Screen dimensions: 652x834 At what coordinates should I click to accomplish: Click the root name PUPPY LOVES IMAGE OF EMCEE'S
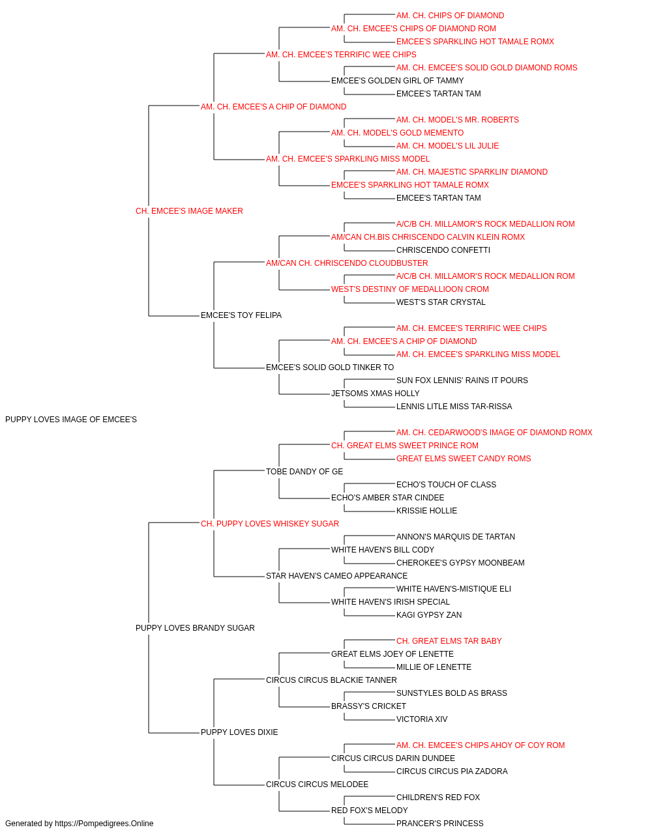[x=71, y=420]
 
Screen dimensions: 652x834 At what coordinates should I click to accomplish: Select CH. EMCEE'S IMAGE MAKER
[x=189, y=210]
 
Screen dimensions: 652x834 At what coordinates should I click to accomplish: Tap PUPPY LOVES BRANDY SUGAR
[x=195, y=628]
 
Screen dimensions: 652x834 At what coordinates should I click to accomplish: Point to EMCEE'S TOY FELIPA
[x=241, y=315]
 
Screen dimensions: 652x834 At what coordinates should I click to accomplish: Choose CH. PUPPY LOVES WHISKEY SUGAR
[x=270, y=523]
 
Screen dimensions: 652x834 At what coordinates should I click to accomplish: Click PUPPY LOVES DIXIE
[x=239, y=732]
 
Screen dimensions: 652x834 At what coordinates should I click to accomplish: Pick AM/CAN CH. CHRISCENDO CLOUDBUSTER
[x=347, y=263]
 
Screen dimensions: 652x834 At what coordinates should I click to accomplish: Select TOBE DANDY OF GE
[x=304, y=471]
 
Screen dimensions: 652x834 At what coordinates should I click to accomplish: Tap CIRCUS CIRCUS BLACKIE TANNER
[x=331, y=680]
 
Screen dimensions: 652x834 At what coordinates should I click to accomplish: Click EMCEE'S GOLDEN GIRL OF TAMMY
[x=398, y=81]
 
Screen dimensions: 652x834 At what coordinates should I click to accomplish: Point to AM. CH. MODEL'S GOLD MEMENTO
[x=398, y=133]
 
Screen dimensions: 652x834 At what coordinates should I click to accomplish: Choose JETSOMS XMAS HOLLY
[x=375, y=394]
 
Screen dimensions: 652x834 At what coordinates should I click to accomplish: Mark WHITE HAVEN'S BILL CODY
[x=383, y=550]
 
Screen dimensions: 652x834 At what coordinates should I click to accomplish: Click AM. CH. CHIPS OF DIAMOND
[x=450, y=16]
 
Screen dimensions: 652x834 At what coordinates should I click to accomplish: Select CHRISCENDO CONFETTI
[x=443, y=250]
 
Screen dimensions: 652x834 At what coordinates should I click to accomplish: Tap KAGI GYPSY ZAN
[x=429, y=615]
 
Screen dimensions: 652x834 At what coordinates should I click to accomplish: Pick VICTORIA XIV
[x=422, y=719]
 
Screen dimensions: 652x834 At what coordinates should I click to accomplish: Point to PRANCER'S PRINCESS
[x=439, y=824]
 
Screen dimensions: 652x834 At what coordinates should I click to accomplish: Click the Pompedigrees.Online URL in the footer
[x=104, y=824]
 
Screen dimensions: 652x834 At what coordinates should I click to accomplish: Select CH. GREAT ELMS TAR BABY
[x=449, y=641]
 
